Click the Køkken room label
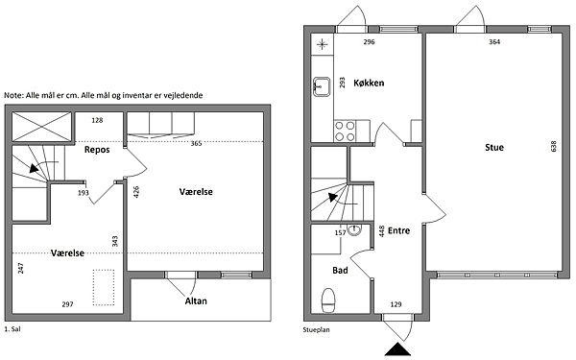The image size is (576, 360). point(369,83)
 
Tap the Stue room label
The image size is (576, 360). point(494,148)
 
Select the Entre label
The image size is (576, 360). point(399,230)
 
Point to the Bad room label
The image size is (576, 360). point(340,271)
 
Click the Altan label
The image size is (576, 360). point(196,301)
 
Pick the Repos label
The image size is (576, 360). point(97,150)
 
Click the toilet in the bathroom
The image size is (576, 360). point(328,300)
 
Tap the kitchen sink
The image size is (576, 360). point(322,86)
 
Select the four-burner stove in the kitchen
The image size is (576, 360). point(345,132)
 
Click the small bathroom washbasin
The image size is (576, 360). point(354,229)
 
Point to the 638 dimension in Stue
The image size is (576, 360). point(554,146)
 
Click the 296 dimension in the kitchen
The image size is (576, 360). point(369,42)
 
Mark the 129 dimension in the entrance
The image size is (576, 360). point(396,304)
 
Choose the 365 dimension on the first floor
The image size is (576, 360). point(196,143)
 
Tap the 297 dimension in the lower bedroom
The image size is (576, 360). point(67,304)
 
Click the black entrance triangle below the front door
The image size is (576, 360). point(397,349)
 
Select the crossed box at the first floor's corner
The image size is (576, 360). point(41,127)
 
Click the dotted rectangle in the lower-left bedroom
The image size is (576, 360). point(104,288)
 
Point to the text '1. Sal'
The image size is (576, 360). point(12,329)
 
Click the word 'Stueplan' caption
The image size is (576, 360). point(316,329)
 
